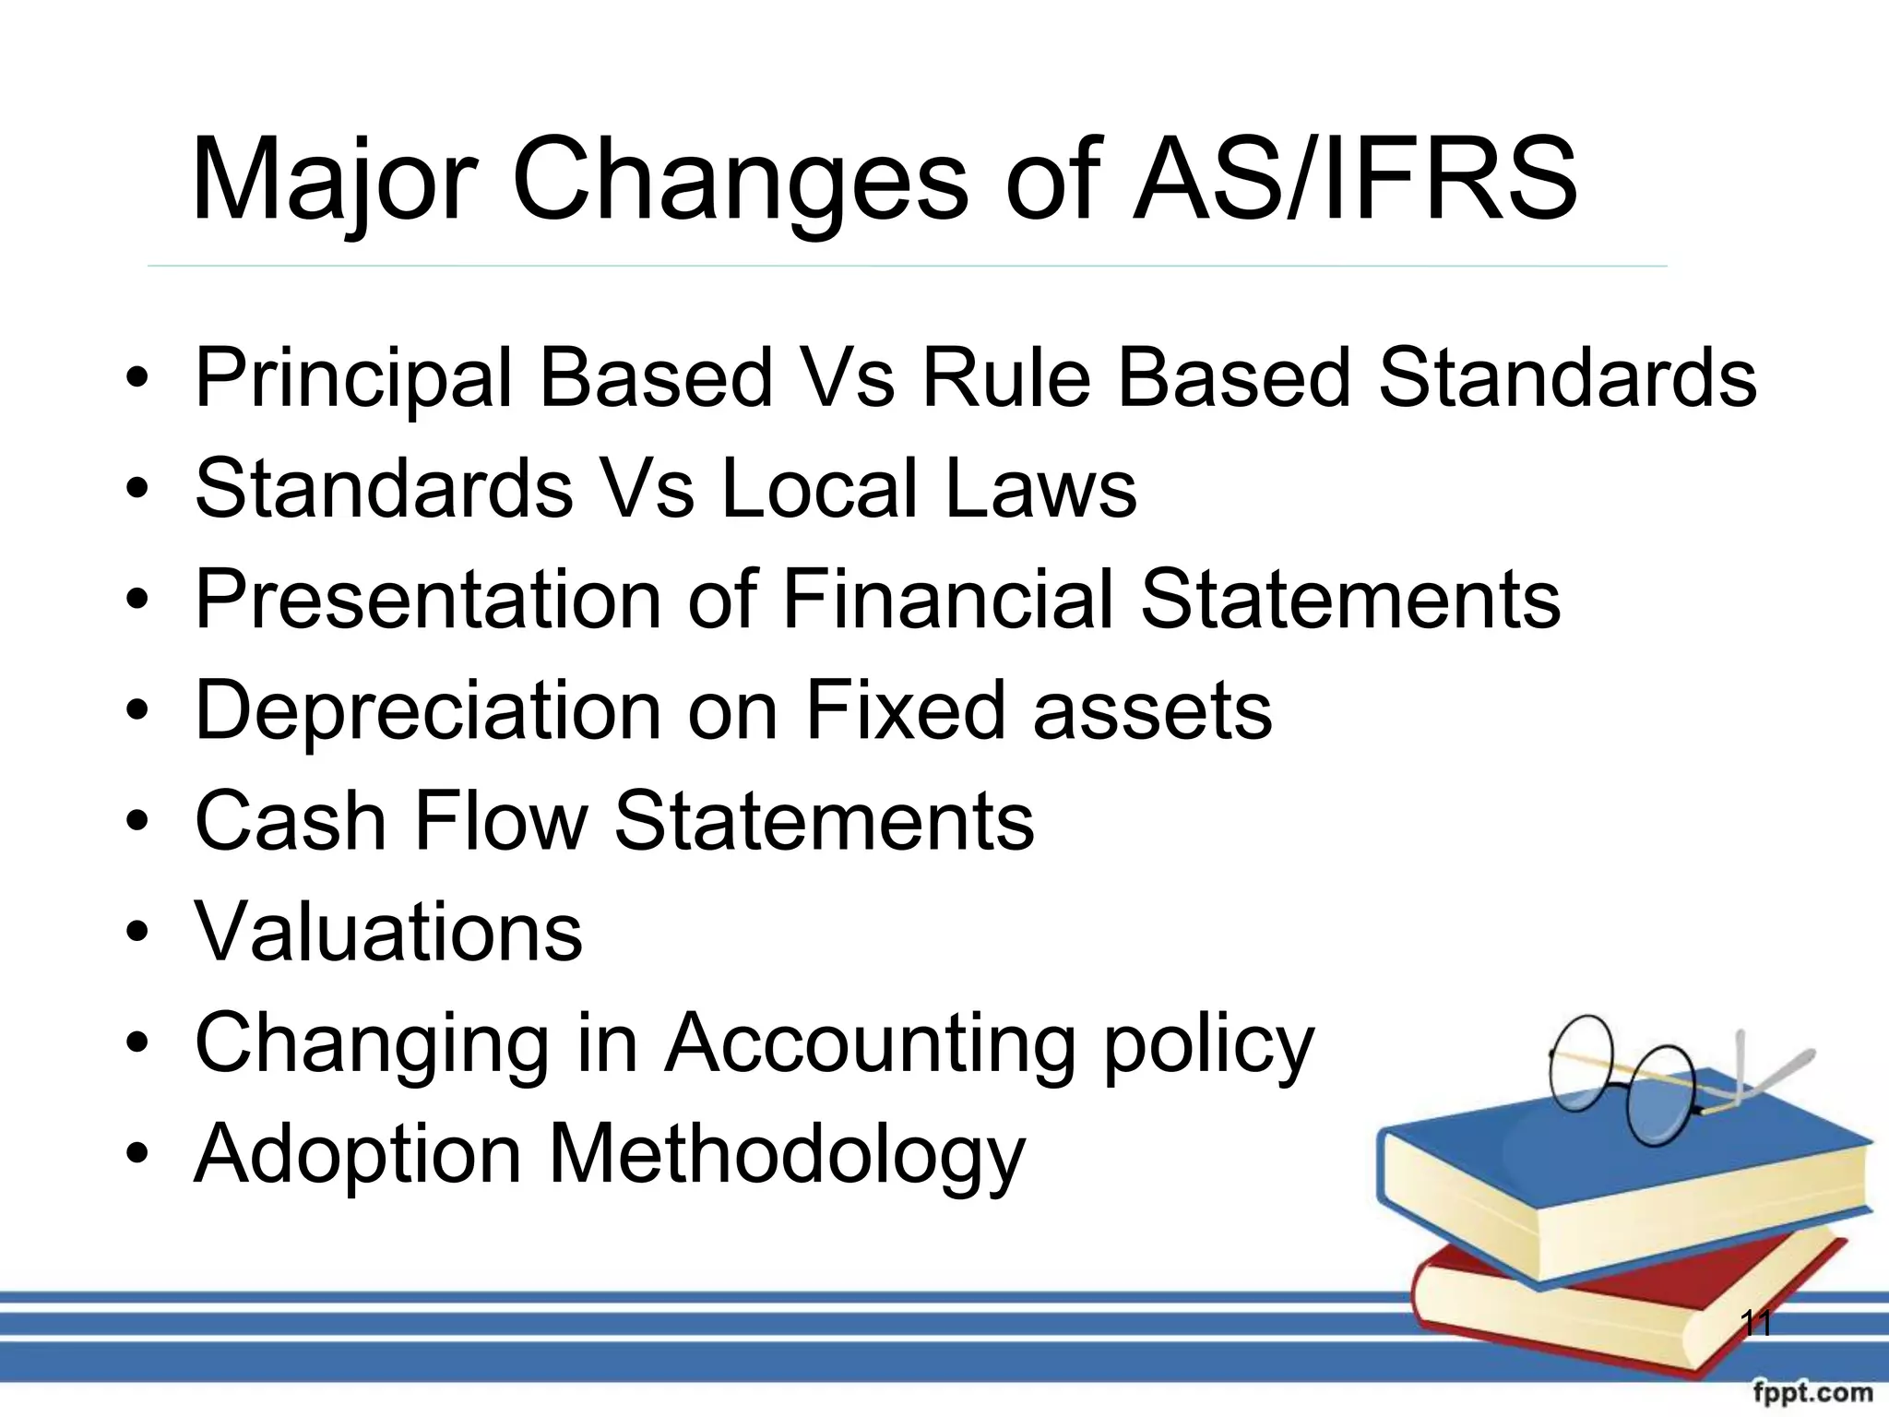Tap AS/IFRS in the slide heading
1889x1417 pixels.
[x=1355, y=180]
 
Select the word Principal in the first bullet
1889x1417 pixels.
[x=355, y=378]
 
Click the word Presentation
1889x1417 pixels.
[x=429, y=599]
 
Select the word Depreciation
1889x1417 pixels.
[x=429, y=710]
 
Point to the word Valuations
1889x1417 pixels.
[x=388, y=932]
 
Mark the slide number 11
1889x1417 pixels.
[x=1756, y=1325]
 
